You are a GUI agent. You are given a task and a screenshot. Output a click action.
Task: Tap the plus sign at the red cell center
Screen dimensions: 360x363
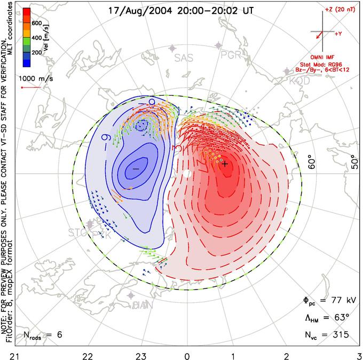225,164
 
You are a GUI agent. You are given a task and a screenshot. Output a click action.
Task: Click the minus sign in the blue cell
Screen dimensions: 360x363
136,168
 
